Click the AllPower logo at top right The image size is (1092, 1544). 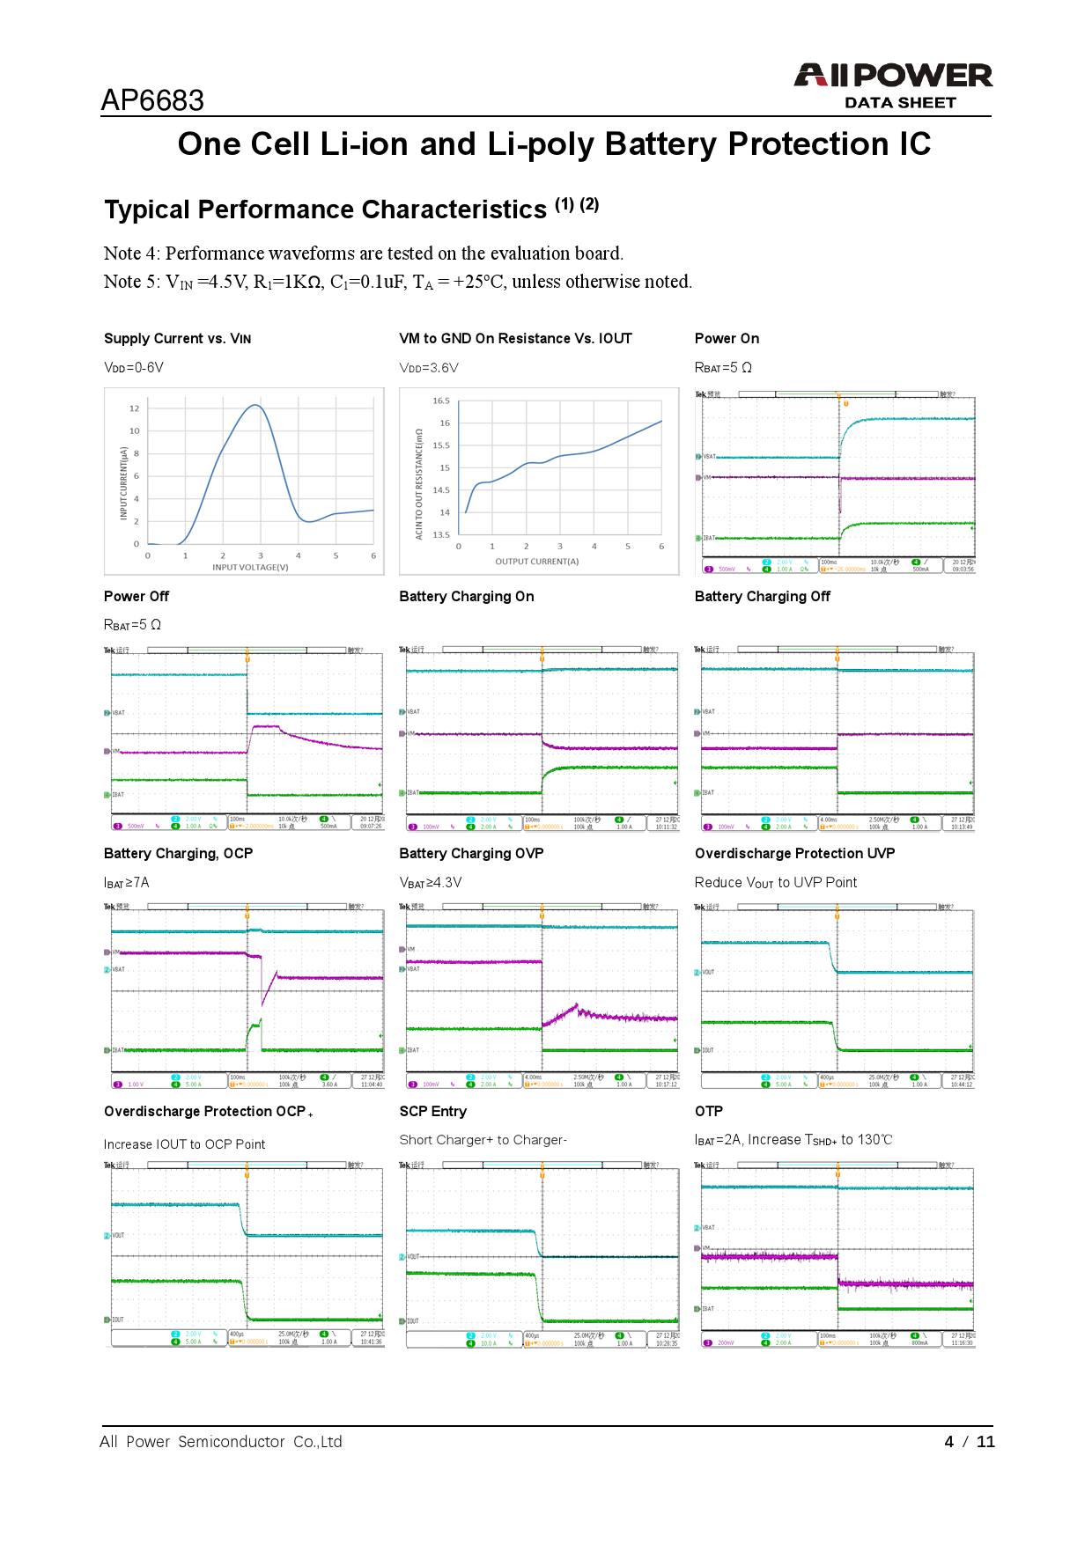pos(893,76)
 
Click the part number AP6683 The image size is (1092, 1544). pos(152,100)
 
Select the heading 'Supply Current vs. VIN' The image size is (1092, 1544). pos(177,339)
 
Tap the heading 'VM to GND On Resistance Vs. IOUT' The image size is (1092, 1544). pos(515,339)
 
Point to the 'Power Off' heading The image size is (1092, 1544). pos(136,597)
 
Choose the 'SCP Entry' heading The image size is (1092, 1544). pos(432,1112)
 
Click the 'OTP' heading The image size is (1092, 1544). pos(708,1112)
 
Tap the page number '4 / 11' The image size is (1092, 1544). pos(969,1442)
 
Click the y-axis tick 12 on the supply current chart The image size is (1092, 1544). pos(134,408)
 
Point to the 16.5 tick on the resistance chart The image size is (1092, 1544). pos(440,401)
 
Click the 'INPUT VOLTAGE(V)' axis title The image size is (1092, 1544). pos(250,568)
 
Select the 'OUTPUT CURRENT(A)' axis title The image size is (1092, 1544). pos(536,562)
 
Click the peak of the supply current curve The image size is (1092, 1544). pos(255,405)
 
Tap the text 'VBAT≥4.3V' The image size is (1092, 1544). pos(430,883)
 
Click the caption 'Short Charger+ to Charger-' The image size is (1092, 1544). pos(483,1140)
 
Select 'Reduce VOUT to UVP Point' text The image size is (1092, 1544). pos(775,883)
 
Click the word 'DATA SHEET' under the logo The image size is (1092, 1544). pos(900,103)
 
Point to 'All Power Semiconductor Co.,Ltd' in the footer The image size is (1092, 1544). pos(220,1442)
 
